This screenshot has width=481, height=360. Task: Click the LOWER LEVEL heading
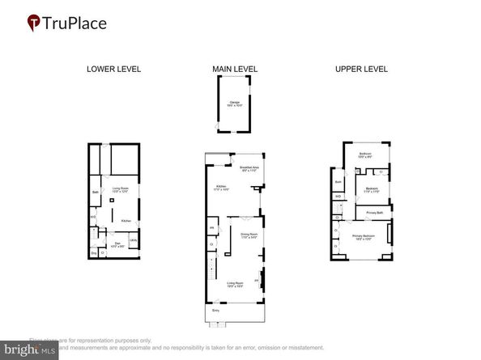(113, 69)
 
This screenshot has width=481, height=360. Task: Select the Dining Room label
(248, 235)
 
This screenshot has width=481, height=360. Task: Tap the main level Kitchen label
(219, 187)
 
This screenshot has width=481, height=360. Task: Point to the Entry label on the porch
(215, 310)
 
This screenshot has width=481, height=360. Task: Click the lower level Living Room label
(121, 189)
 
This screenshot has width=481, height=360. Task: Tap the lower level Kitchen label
(126, 221)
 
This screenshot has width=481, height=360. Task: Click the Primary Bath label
(374, 213)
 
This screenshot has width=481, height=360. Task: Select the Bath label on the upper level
(338, 183)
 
